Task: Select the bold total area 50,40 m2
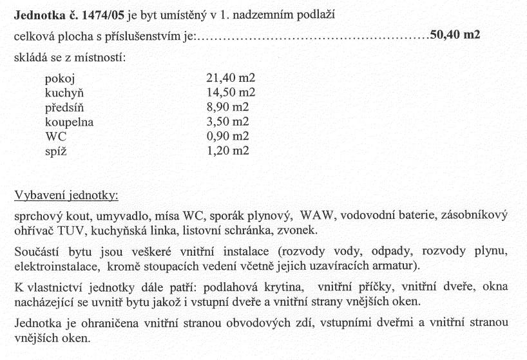tap(455, 35)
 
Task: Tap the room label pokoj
tap(61, 79)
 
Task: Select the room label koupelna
tap(70, 122)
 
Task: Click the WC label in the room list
tap(56, 136)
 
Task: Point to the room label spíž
tap(58, 151)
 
